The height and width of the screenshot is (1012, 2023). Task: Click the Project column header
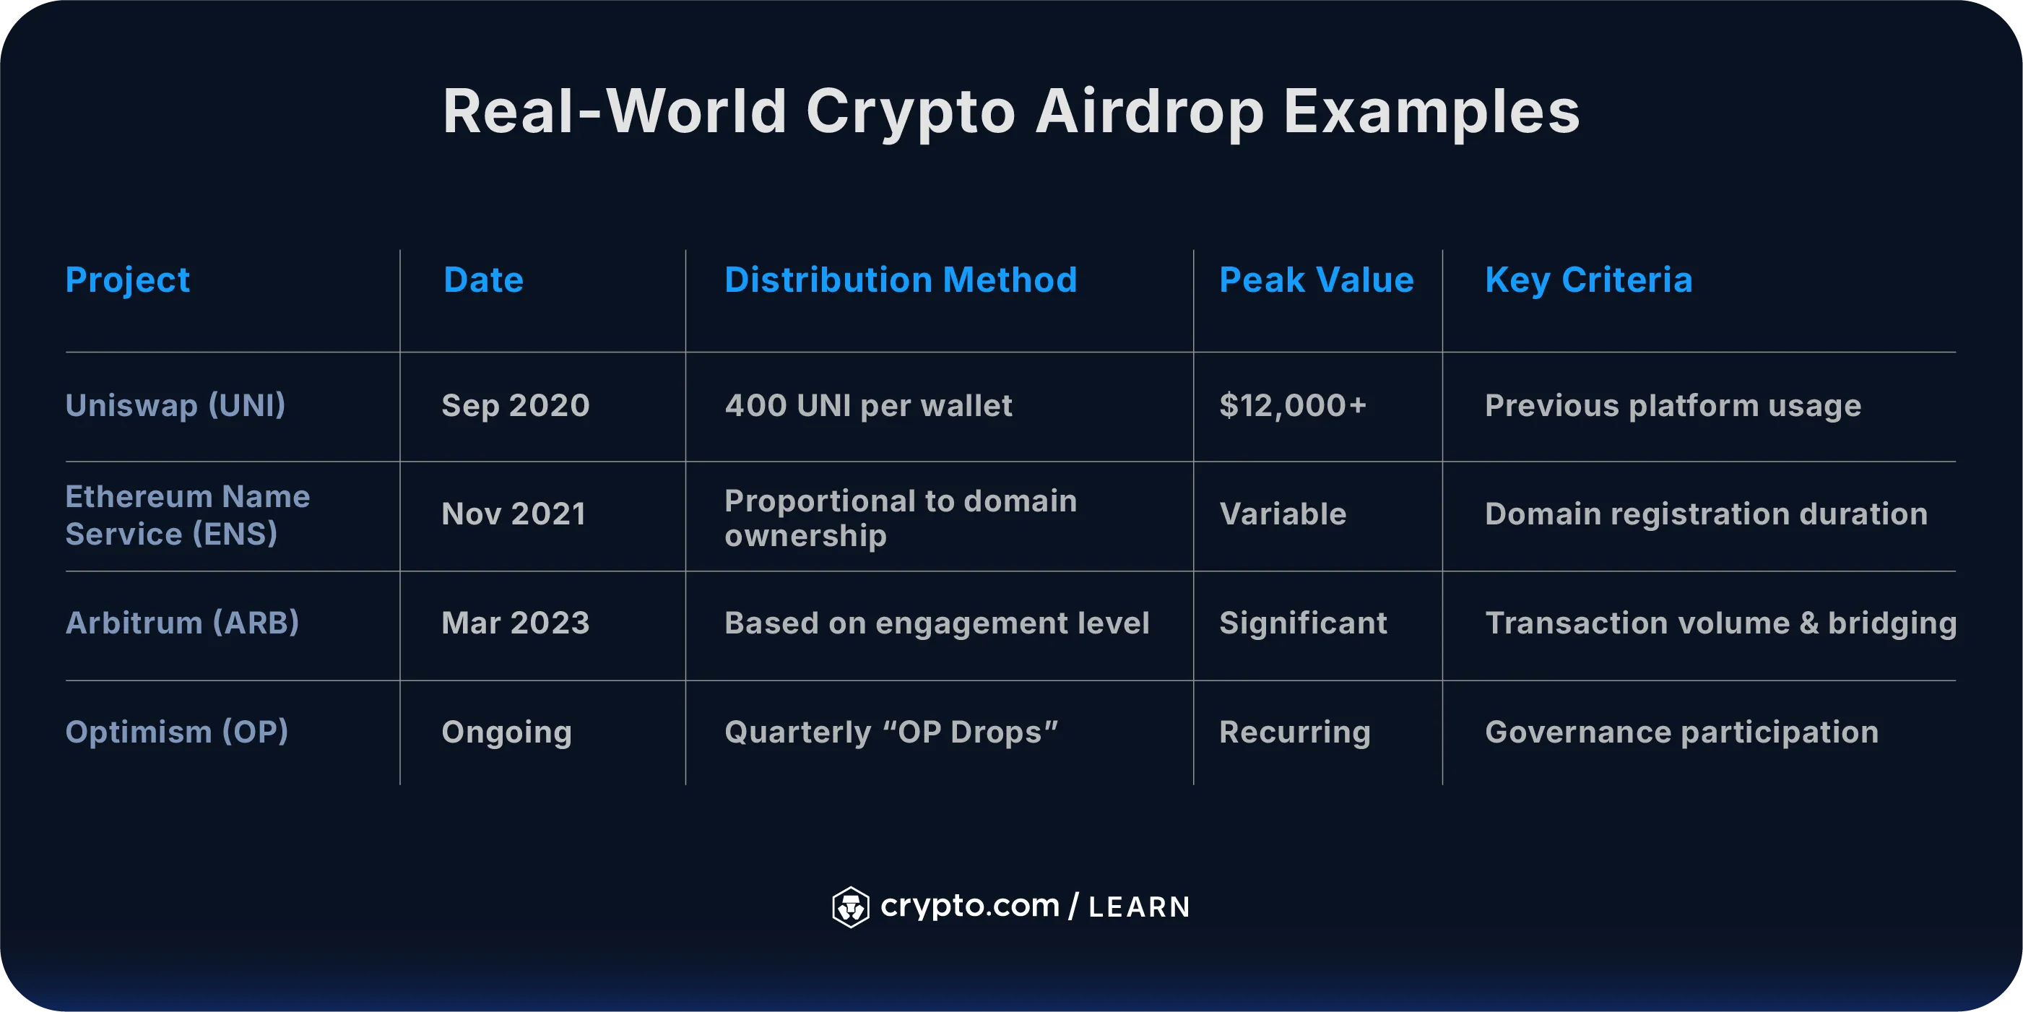pyautogui.click(x=127, y=280)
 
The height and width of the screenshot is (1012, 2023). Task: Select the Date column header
pyautogui.click(x=483, y=280)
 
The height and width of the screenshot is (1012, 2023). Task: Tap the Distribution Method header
pyautogui.click(x=900, y=280)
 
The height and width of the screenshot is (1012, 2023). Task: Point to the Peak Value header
pyautogui.click(x=1316, y=280)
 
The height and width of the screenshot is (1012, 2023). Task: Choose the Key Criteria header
pyautogui.click(x=1588, y=280)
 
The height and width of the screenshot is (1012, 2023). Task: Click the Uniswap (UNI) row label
pyautogui.click(x=175, y=406)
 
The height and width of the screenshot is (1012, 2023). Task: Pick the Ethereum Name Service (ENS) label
pyautogui.click(x=188, y=516)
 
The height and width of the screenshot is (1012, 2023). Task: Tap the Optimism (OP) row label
pyautogui.click(x=177, y=732)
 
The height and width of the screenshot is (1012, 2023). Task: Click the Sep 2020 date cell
pyautogui.click(x=515, y=406)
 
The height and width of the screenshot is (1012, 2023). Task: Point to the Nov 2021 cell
pyautogui.click(x=514, y=514)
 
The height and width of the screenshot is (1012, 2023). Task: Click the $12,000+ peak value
pyautogui.click(x=1293, y=406)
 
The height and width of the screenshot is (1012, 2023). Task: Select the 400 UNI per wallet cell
pyautogui.click(x=868, y=406)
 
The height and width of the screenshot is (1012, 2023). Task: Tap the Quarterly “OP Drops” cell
pyautogui.click(x=891, y=732)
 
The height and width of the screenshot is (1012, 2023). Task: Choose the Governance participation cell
pyautogui.click(x=1681, y=732)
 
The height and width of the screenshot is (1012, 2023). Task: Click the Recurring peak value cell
pyautogui.click(x=1294, y=732)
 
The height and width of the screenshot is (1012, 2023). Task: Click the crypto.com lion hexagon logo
pyautogui.click(x=851, y=907)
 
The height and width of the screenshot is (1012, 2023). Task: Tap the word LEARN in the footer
pyautogui.click(x=1139, y=907)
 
